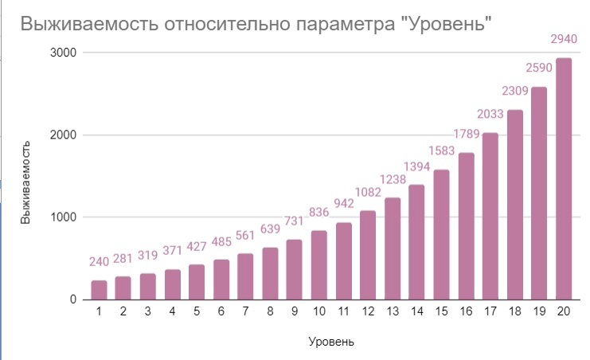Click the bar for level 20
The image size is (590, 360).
[564, 179]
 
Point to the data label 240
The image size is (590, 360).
[99, 262]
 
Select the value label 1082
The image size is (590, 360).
[368, 193]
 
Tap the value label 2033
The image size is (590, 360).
[490, 115]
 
